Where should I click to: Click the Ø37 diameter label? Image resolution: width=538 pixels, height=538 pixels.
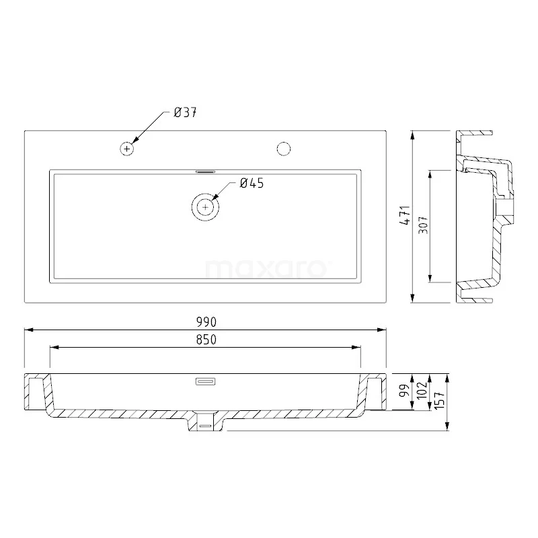pos(184,113)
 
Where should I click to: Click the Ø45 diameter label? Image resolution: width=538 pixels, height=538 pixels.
pos(251,183)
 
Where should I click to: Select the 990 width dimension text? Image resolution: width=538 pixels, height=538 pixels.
pos(206,323)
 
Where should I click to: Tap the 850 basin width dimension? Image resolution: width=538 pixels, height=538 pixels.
pos(206,340)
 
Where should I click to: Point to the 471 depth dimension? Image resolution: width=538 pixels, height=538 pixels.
pos(404,217)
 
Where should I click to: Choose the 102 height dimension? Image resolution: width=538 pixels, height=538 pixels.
pos(422,392)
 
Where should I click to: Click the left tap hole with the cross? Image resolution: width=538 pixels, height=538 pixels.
pos(126,148)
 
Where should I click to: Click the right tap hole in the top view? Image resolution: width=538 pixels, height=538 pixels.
pos(284,148)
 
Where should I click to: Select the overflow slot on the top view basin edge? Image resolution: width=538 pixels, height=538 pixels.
pos(205,171)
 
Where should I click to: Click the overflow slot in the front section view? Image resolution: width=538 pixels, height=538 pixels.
pos(205,381)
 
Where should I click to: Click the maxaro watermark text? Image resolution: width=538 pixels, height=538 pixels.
pos(266,269)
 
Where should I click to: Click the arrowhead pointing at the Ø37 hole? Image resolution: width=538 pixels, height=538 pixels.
pos(134,141)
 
